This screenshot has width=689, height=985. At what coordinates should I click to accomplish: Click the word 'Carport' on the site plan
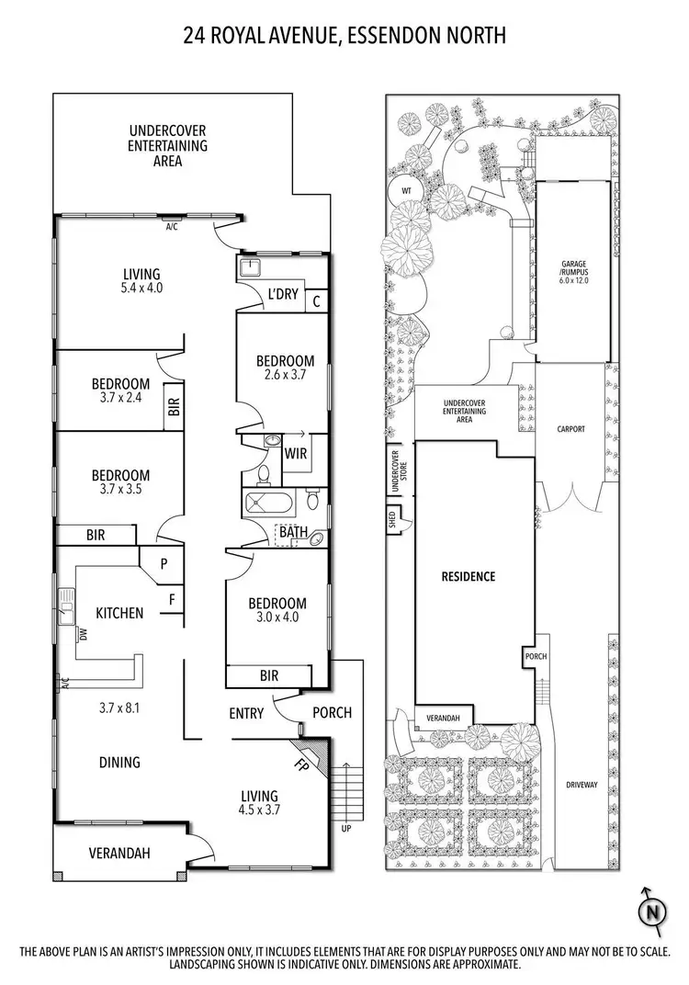click(x=570, y=428)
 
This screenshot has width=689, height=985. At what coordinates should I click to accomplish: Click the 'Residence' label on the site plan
click(x=469, y=576)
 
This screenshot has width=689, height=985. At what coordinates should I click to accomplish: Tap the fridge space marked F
click(x=171, y=601)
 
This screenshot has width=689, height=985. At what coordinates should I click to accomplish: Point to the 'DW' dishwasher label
click(x=82, y=633)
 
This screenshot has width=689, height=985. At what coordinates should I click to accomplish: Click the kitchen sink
click(x=66, y=607)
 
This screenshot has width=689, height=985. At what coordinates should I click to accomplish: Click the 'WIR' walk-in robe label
click(x=296, y=453)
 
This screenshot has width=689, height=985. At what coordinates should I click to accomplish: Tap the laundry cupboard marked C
click(x=316, y=300)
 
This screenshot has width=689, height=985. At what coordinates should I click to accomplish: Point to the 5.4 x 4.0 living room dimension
click(x=142, y=288)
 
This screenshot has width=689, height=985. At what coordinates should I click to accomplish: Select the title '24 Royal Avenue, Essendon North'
click(x=344, y=36)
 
